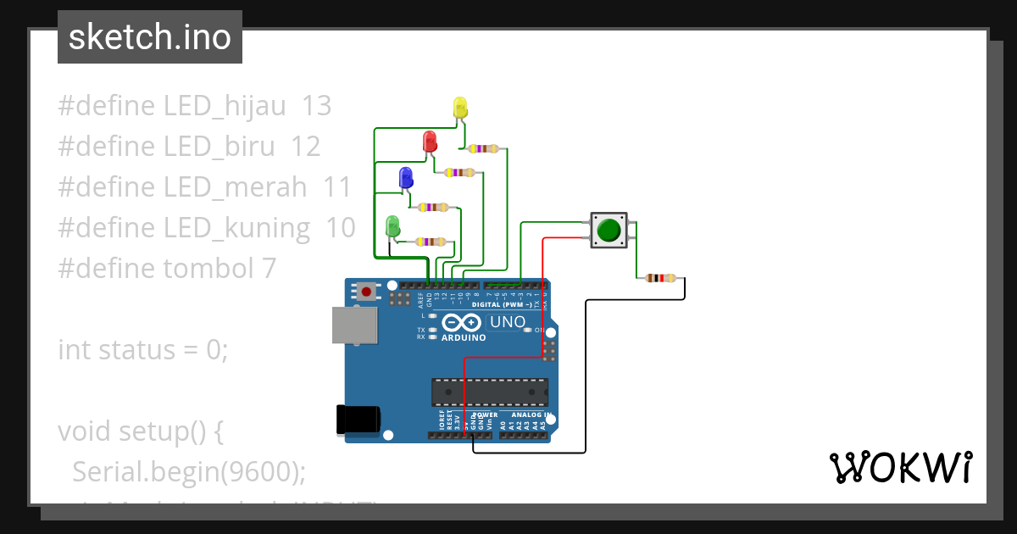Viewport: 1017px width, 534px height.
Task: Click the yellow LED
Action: [460, 108]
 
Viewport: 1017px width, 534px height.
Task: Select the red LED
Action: [430, 142]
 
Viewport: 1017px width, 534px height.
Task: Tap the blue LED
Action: [406, 177]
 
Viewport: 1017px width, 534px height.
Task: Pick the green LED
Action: [392, 226]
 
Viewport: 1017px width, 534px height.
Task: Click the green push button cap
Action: [609, 230]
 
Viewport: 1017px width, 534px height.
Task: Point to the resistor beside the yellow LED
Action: [483, 149]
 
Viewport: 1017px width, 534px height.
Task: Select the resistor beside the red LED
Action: [459, 173]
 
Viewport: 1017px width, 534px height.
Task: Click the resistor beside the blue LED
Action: [433, 207]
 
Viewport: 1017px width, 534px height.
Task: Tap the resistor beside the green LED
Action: [431, 242]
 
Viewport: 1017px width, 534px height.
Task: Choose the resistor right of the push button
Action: [660, 278]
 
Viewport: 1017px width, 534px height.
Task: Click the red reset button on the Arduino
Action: [366, 292]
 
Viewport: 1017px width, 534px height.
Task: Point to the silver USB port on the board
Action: [353, 325]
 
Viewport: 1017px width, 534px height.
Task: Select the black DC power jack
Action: [358, 420]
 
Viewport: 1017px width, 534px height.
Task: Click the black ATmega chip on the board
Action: [489, 392]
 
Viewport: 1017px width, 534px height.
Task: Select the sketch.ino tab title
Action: [150, 37]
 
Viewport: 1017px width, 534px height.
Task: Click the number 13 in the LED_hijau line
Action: [316, 106]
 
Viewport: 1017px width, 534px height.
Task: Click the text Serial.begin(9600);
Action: [189, 471]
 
